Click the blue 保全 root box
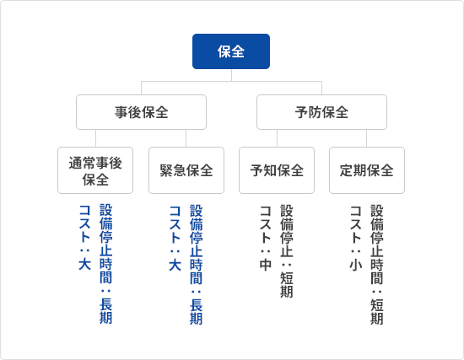click(x=231, y=51)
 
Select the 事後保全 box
click(x=141, y=112)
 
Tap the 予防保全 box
click(x=321, y=112)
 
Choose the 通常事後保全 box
click(x=95, y=170)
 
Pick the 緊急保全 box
click(x=186, y=170)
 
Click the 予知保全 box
click(x=277, y=170)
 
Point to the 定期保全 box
click(x=367, y=170)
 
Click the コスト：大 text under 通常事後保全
click(x=84, y=238)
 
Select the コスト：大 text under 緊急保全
click(x=175, y=238)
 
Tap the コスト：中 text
click(x=266, y=238)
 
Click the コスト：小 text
click(x=356, y=238)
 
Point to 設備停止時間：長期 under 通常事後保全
click(x=106, y=264)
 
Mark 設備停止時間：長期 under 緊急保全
click(x=197, y=264)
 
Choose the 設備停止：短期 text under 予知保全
click(x=287, y=251)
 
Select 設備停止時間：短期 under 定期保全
click(x=377, y=264)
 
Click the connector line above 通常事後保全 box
click(x=95, y=138)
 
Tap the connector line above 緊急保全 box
click(x=186, y=138)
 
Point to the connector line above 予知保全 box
click(x=278, y=138)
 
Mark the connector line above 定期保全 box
click(x=367, y=138)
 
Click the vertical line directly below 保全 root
click(x=231, y=75)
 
